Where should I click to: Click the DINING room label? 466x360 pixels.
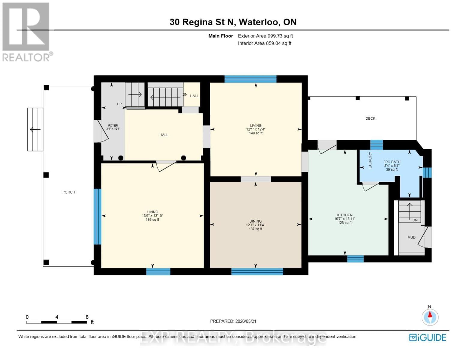point(255,221)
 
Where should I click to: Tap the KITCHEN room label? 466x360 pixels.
point(345,215)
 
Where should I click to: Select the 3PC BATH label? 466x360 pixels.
point(392,162)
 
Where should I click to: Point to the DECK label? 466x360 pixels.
point(370,118)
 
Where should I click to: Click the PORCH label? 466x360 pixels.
point(69,192)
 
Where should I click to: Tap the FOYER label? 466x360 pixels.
point(113,125)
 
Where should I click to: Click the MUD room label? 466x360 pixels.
point(411,237)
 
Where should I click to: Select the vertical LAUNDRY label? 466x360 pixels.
point(370,160)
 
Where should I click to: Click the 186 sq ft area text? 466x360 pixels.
point(152,220)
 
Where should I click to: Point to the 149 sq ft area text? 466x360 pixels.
point(256,133)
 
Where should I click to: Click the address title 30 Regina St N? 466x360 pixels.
point(233,22)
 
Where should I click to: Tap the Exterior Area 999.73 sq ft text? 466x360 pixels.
point(265,36)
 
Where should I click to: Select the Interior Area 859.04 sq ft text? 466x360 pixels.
point(264,43)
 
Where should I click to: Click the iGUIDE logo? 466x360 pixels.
point(428,337)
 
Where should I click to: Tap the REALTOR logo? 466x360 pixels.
point(26,31)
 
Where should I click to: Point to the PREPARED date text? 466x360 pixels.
point(233,321)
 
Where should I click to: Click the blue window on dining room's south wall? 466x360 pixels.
point(257,271)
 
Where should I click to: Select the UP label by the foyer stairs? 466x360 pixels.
point(119,104)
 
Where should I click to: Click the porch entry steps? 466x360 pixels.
point(35,129)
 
